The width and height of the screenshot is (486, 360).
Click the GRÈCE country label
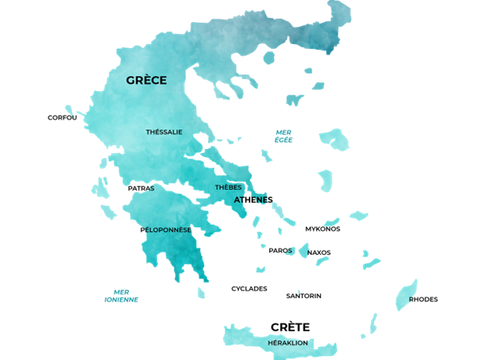(147, 80)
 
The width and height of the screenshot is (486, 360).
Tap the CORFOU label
(63, 117)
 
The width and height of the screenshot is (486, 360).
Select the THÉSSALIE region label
(164, 132)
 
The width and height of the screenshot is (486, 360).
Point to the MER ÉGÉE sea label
(283, 136)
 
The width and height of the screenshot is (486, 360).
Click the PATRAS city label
(141, 188)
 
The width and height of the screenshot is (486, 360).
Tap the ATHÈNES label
(253, 200)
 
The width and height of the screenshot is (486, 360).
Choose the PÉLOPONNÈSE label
(165, 230)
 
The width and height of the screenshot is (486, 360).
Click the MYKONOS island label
(322, 229)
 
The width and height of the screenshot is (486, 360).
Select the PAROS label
(280, 250)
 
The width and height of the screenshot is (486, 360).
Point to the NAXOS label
(319, 252)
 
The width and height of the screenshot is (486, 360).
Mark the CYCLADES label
(249, 288)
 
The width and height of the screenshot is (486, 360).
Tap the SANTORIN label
(304, 296)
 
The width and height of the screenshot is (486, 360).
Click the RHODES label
(423, 299)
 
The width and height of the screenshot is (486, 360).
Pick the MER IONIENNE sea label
(121, 296)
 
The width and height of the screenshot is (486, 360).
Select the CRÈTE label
(291, 326)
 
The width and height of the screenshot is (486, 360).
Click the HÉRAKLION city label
(287, 343)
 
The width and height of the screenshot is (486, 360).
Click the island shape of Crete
(244, 336)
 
